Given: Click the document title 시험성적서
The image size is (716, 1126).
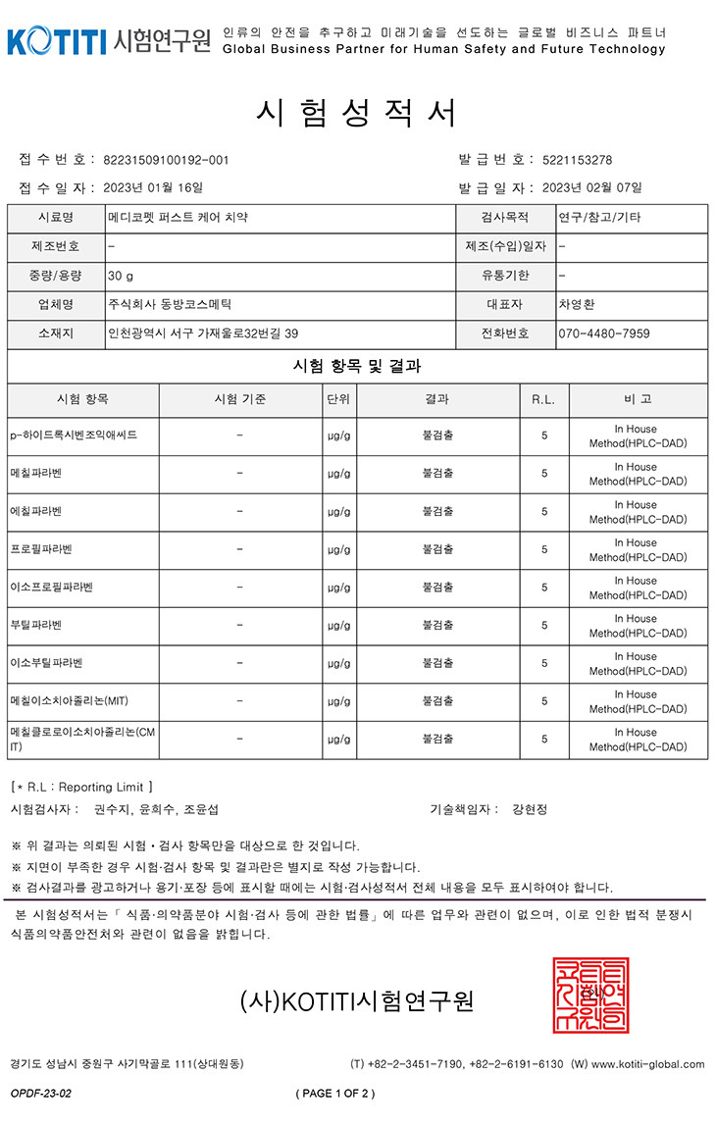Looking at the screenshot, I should pyautogui.click(x=356, y=114).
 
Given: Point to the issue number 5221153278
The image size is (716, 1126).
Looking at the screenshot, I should pyautogui.click(x=577, y=160).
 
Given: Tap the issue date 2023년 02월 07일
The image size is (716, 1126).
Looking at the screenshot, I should pyautogui.click(x=591, y=187).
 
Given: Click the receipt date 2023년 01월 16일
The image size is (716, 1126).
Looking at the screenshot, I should pyautogui.click(x=152, y=187).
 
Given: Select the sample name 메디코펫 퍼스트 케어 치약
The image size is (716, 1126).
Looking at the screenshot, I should pyautogui.click(x=179, y=218).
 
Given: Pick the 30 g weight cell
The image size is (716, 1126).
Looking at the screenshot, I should pyautogui.click(x=122, y=276).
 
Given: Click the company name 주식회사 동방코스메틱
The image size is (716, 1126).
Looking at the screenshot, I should pyautogui.click(x=171, y=304).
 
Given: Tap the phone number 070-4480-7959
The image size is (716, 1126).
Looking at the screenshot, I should pyautogui.click(x=603, y=333).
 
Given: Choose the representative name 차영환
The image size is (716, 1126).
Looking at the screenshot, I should pyautogui.click(x=576, y=304).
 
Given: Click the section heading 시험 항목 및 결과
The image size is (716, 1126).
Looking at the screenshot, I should pyautogui.click(x=357, y=366).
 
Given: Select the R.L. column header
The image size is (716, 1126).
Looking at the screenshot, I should pyautogui.click(x=543, y=399).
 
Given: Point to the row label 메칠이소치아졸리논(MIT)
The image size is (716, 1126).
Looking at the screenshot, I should pyautogui.click(x=67, y=701).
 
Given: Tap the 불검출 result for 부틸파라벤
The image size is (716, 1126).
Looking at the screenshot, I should pyautogui.click(x=437, y=625).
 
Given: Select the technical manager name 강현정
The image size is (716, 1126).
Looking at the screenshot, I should pyautogui.click(x=530, y=809).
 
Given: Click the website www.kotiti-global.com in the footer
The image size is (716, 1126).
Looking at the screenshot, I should pyautogui.click(x=647, y=1064).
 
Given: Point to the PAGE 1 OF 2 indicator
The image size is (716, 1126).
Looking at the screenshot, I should pyautogui.click(x=334, y=1093).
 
